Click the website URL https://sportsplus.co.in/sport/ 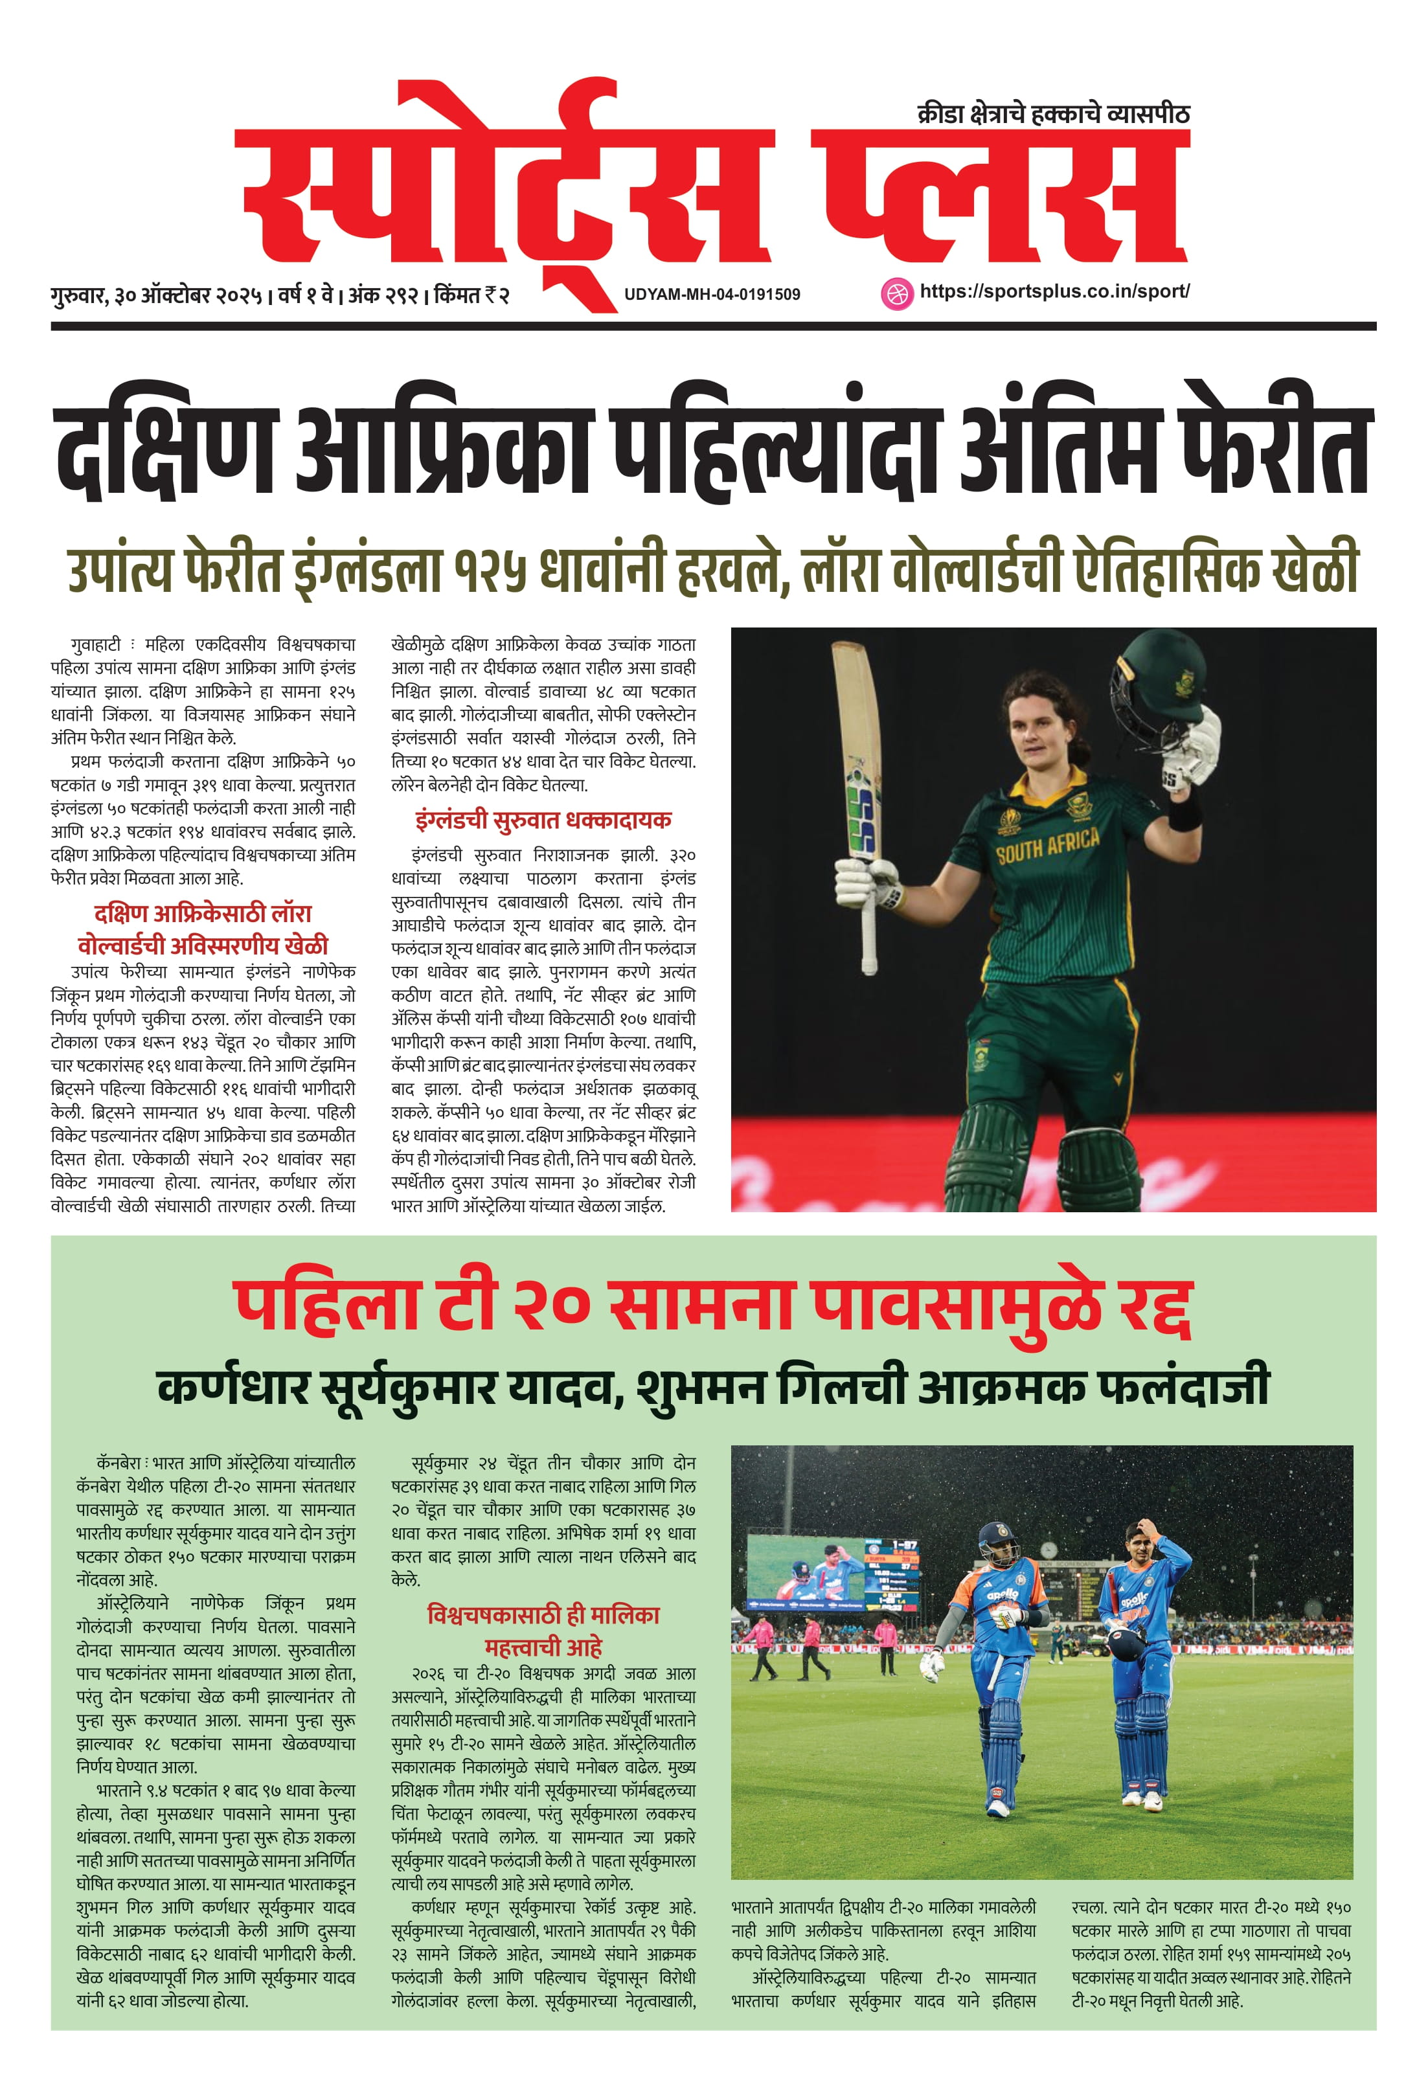pyautogui.click(x=1054, y=291)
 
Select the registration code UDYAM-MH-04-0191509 pyautogui.click(x=712, y=294)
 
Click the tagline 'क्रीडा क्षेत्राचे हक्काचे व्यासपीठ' pyautogui.click(x=1053, y=114)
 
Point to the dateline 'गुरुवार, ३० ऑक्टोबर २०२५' pyautogui.click(x=157, y=295)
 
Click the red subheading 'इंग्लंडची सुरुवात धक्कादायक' pyautogui.click(x=543, y=820)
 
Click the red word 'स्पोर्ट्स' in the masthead pyautogui.click(x=504, y=194)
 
